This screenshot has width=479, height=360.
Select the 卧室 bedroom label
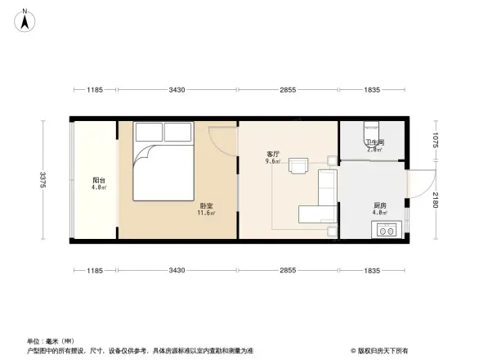point(206,206)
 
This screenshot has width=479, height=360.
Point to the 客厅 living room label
point(273,154)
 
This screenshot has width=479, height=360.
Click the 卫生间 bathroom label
point(374,143)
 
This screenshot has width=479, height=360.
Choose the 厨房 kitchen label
point(379,206)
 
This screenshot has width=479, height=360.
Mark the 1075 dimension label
point(436,141)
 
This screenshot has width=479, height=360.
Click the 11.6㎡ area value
point(205,214)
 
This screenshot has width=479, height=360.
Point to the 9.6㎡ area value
point(272,161)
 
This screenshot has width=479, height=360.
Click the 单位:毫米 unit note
point(51,341)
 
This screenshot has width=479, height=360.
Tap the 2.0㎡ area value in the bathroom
point(375,151)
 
